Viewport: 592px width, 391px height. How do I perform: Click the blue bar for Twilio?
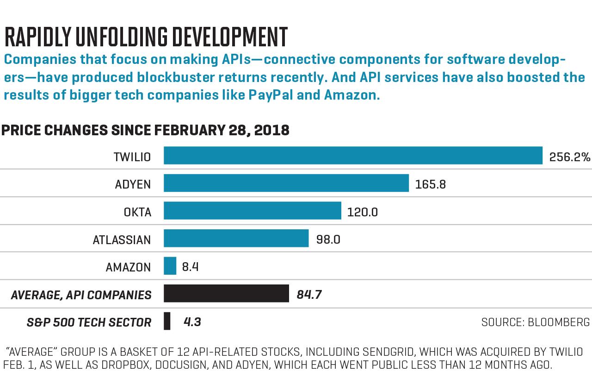tap(353, 155)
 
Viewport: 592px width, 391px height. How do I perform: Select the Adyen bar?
tap(286, 183)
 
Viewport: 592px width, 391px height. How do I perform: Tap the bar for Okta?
tap(253, 210)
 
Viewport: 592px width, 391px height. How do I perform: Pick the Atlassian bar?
tap(236, 238)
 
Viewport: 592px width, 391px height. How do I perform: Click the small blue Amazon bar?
tap(170, 266)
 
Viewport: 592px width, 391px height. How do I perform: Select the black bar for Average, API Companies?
tap(226, 293)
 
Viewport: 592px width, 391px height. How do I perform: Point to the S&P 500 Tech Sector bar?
tap(167, 321)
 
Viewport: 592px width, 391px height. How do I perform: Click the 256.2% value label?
tap(569, 157)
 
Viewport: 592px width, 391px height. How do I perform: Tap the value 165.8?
tap(431, 184)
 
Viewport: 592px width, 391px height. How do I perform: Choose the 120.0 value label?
tap(362, 212)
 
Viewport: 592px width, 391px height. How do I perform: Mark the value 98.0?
tap(328, 240)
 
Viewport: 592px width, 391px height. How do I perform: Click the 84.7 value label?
tap(309, 295)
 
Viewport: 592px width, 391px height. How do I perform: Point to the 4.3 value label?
tap(192, 322)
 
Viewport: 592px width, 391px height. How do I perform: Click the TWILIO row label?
tap(132, 157)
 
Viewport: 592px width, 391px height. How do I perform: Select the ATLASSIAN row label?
tap(122, 240)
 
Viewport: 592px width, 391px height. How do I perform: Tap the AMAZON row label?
tap(128, 267)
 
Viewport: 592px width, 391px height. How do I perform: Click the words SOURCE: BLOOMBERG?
tap(536, 322)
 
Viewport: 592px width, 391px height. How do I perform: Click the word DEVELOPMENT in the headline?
tap(230, 37)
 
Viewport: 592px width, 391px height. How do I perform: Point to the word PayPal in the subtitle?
tap(271, 95)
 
